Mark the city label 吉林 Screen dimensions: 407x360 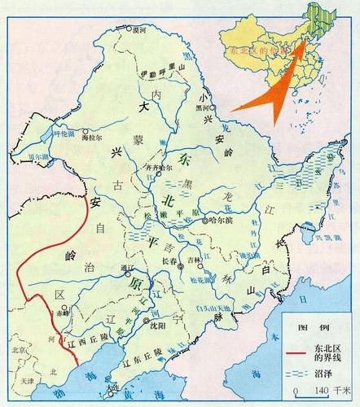tap(194, 260)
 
